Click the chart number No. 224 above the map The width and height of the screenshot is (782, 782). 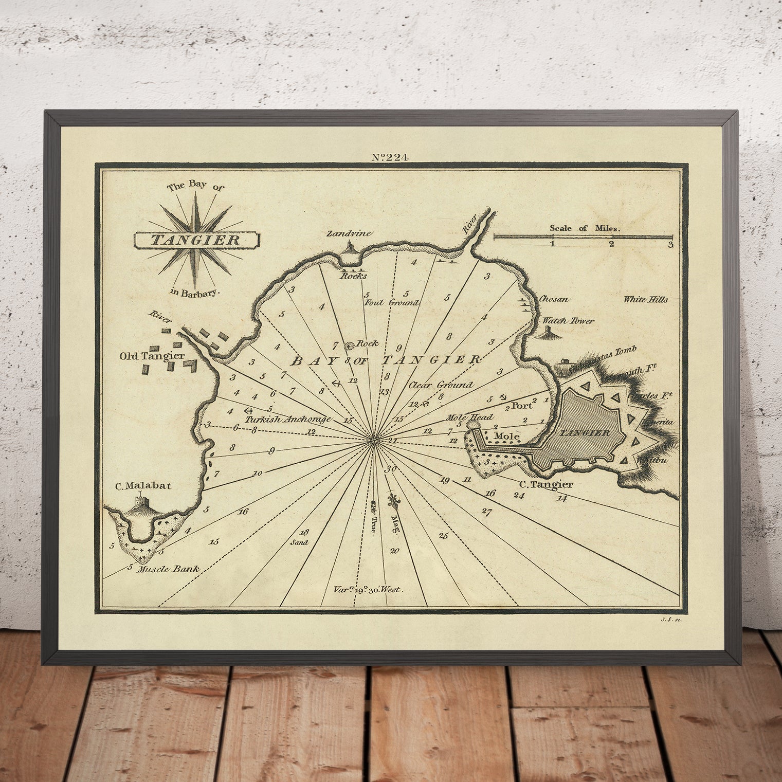pos(390,157)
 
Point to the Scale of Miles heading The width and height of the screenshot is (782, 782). pos(585,228)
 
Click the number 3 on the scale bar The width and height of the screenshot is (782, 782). pos(670,245)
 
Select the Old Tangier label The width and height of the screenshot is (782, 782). pos(152,356)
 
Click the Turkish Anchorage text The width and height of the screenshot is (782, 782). pos(288,419)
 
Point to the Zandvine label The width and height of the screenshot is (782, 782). pos(350,233)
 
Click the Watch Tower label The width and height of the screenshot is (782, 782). pos(568,320)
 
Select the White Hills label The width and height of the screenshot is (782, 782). pos(645,299)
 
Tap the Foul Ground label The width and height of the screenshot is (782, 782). pos(391,303)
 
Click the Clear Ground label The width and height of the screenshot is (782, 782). pos(441,385)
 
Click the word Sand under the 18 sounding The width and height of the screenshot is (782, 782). pos(299,542)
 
